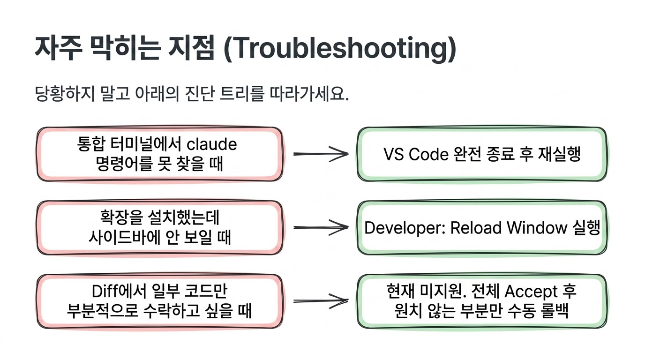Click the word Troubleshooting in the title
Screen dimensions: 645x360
coord(340,49)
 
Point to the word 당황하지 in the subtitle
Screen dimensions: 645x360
coord(65,94)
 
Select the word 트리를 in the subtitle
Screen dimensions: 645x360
coord(241,94)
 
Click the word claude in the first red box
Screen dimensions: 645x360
coord(212,144)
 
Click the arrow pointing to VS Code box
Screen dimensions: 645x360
coord(321,154)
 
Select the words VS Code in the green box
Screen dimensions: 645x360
coord(416,154)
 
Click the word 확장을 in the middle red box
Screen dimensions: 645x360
coord(121,217)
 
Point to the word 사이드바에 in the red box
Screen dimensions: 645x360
coord(124,238)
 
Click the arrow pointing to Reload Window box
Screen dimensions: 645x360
coord(321,227)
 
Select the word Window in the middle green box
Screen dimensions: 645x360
coord(537,227)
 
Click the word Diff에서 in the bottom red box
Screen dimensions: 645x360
coord(119,291)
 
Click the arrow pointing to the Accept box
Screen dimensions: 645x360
coord(321,301)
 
